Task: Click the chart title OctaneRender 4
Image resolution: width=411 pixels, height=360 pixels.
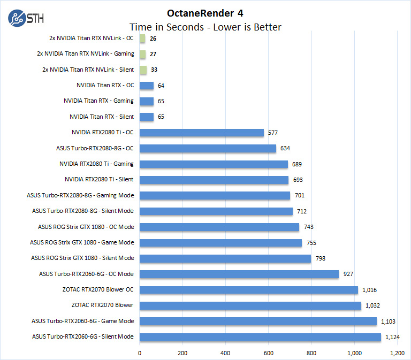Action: point(205,13)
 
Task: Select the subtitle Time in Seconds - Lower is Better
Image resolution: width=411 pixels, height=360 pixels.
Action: point(205,27)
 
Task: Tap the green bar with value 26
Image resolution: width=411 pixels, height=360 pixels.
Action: point(142,39)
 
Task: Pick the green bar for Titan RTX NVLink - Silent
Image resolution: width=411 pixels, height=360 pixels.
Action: point(143,70)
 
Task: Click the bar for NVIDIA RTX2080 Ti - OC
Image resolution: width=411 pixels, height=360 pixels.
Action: point(202,133)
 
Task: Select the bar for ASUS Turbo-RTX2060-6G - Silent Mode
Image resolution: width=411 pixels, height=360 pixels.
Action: point(260,337)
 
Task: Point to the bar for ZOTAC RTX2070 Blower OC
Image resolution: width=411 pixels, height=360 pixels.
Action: point(249,290)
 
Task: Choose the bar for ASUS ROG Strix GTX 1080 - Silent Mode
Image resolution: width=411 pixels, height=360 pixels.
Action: point(225,258)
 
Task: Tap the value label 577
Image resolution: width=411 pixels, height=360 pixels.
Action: point(273,133)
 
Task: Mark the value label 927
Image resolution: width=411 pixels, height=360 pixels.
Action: point(348,274)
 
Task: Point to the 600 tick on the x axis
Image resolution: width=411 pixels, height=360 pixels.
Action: point(269,353)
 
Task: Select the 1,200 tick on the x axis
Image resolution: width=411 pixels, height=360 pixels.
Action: point(397,353)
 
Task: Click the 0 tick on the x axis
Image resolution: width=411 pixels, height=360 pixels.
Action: point(140,353)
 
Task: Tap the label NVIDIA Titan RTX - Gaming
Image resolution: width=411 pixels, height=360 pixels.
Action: point(98,101)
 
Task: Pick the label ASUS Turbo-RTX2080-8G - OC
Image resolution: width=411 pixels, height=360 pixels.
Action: point(95,148)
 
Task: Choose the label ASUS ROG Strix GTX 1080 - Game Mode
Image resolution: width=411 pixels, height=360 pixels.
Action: point(82,242)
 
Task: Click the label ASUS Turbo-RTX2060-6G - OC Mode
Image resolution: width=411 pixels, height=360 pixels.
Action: point(86,274)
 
